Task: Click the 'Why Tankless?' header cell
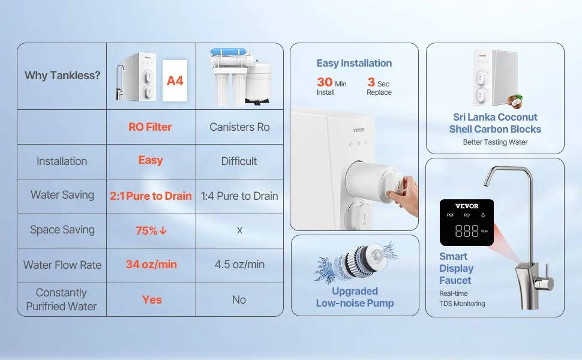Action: tap(62, 76)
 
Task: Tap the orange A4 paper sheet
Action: tap(175, 80)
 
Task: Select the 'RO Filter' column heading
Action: tap(150, 127)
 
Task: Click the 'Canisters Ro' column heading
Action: tap(239, 127)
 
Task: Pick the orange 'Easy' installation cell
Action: tap(151, 160)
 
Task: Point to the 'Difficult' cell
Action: tap(239, 161)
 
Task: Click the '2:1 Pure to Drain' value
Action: tap(151, 196)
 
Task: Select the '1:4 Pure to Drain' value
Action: tap(239, 196)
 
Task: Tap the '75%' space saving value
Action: tap(151, 230)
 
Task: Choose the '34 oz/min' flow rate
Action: tap(151, 264)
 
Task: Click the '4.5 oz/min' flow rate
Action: tap(239, 264)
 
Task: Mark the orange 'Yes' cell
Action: tap(152, 299)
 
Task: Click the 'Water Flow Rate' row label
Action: tap(62, 265)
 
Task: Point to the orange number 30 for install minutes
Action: tap(325, 82)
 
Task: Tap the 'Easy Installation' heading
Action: tap(354, 63)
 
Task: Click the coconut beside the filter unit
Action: tap(515, 101)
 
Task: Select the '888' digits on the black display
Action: tap(467, 231)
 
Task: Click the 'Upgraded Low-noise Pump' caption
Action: tap(355, 297)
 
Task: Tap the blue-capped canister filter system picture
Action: tap(240, 76)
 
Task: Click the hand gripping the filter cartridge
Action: tap(403, 195)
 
